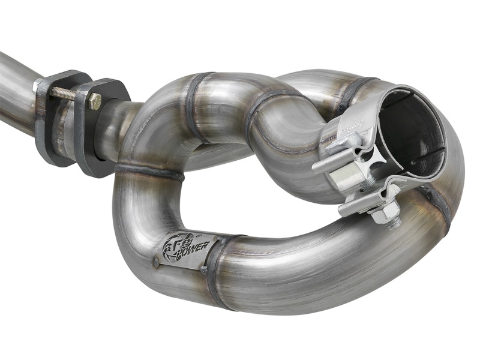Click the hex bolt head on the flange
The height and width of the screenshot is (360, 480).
tap(94, 101)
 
